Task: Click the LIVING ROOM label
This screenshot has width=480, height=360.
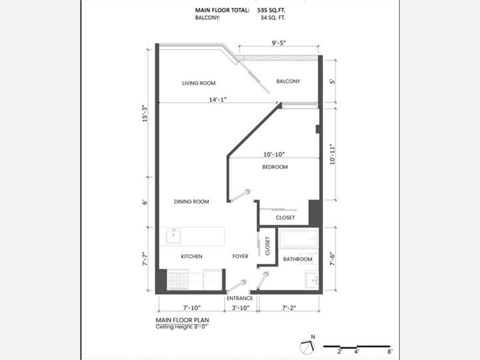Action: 199,83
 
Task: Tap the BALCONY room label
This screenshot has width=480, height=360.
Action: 288,81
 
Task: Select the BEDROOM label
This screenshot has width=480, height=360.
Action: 275,167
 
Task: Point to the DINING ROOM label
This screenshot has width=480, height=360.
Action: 191,202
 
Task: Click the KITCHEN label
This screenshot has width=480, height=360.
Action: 191,256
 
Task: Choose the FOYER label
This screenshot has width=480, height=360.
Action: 240,256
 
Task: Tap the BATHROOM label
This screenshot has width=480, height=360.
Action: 298,259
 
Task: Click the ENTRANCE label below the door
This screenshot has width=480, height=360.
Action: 240,298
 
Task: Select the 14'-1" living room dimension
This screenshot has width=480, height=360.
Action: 217,99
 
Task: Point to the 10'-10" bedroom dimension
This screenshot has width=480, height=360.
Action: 274,154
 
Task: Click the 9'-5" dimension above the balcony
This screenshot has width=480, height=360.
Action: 278,43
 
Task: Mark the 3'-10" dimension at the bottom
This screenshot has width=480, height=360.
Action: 240,307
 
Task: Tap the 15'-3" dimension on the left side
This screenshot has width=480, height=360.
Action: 145,114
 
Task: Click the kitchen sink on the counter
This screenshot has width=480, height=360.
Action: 173,236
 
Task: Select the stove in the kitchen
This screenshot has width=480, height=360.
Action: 178,280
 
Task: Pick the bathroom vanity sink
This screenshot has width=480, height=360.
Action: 312,279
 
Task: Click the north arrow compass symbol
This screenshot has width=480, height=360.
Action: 307,346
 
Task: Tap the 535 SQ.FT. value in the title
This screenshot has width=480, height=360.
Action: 271,10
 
